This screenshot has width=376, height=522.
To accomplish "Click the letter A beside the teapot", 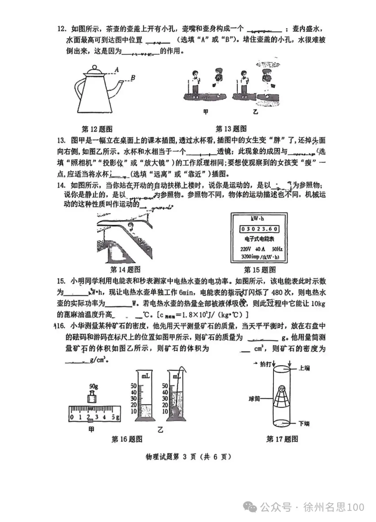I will click(117, 70).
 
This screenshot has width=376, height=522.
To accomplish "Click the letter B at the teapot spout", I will click(133, 78).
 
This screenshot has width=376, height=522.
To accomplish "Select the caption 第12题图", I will click(97, 129).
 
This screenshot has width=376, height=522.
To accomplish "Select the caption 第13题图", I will click(231, 129).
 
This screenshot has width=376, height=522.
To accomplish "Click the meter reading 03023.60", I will click(259, 229).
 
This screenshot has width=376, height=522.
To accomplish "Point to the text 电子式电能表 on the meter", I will click(259, 239).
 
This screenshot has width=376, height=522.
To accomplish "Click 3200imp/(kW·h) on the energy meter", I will click(260, 257).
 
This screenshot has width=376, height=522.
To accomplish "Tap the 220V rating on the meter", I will click(245, 249).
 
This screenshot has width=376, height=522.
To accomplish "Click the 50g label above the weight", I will click(93, 386).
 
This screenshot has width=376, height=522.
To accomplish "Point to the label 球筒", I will click(254, 399).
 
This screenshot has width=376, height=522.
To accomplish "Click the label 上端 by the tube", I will click(304, 368).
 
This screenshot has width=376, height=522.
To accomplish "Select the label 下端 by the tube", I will click(304, 424).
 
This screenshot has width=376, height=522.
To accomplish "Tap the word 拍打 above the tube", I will click(265, 364).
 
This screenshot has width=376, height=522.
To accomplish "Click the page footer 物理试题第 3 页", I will click(188, 457).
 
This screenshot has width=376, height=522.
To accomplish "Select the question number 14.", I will click(61, 185).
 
